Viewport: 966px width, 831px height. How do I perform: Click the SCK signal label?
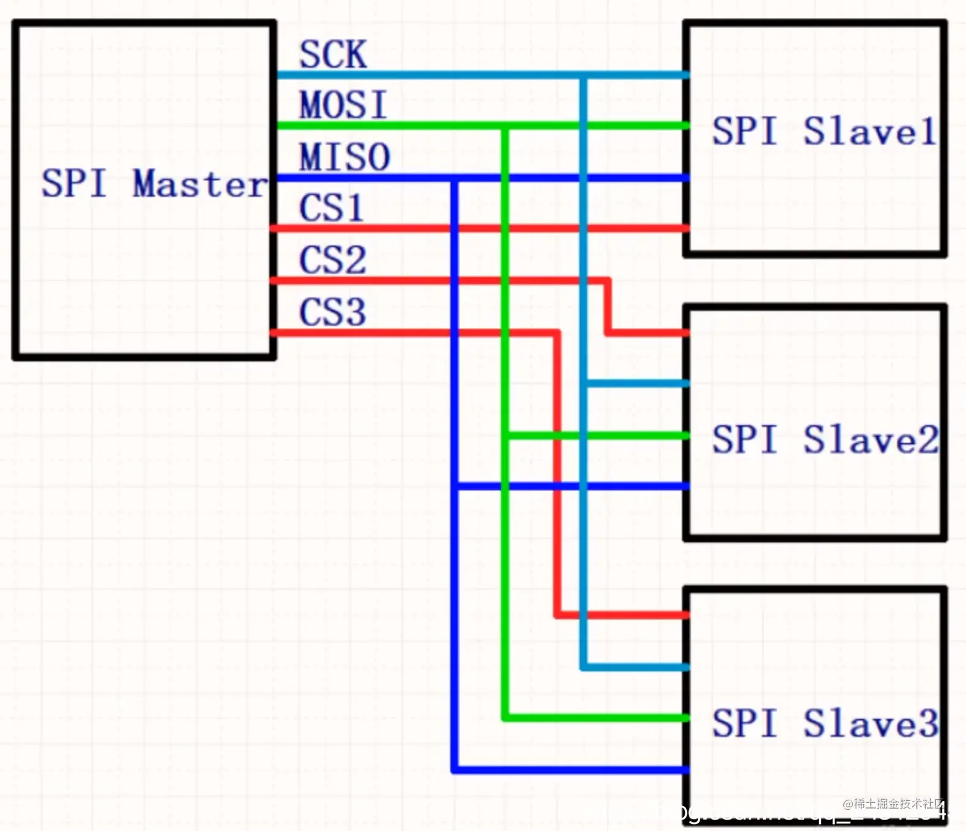(333, 54)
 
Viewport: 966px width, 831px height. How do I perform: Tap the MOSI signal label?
(343, 105)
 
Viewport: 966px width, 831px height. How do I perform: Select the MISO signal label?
(344, 157)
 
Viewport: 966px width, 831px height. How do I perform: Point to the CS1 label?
(331, 208)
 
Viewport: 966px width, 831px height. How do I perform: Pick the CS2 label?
(332, 260)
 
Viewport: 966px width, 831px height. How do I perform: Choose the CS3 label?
(332, 312)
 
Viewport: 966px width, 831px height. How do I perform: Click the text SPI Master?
(153, 184)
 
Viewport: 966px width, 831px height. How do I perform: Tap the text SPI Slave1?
(824, 132)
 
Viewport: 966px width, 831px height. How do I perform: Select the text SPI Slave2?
(825, 439)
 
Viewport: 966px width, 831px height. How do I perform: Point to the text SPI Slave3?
(825, 723)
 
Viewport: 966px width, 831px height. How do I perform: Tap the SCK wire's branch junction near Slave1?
(583, 75)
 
